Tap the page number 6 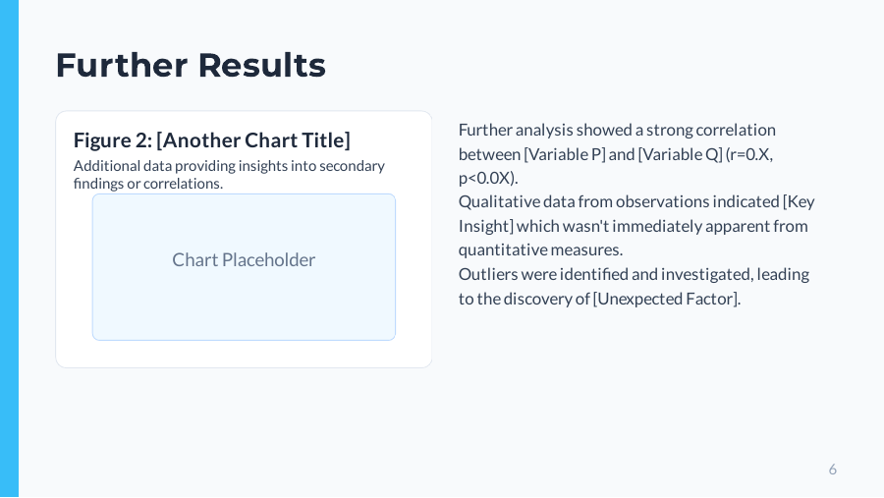(x=832, y=470)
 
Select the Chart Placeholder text (x=244, y=260)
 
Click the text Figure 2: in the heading (x=112, y=140)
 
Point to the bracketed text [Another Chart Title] (x=253, y=140)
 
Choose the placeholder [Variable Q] (x=680, y=154)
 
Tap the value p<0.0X (x=485, y=178)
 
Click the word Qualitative (x=497, y=201)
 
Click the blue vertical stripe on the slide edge (x=9, y=249)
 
